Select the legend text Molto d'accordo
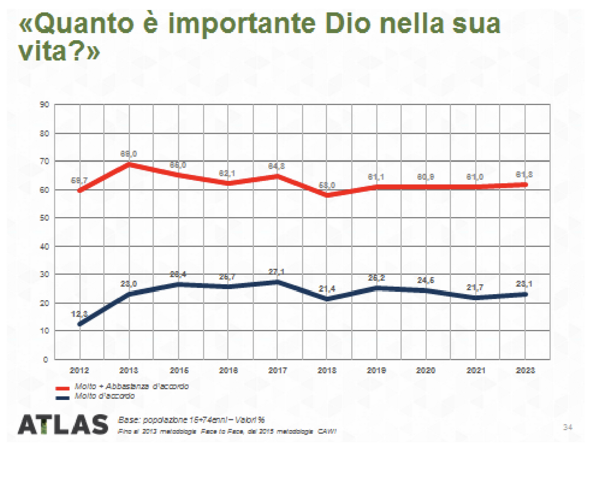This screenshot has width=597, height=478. tap(105, 396)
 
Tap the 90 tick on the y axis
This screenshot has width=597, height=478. tap(44, 105)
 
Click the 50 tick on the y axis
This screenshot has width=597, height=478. tap(44, 218)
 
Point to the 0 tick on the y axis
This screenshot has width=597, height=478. tap(45, 359)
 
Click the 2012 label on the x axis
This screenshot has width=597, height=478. tap(79, 370)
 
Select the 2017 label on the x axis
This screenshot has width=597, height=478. tap(278, 370)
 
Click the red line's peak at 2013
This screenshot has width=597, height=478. tap(129, 163)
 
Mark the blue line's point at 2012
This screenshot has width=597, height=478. tap(80, 324)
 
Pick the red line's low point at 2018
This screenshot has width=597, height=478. tap(327, 195)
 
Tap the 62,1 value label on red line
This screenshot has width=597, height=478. tap(228, 173)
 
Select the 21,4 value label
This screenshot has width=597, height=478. tap(327, 289)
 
